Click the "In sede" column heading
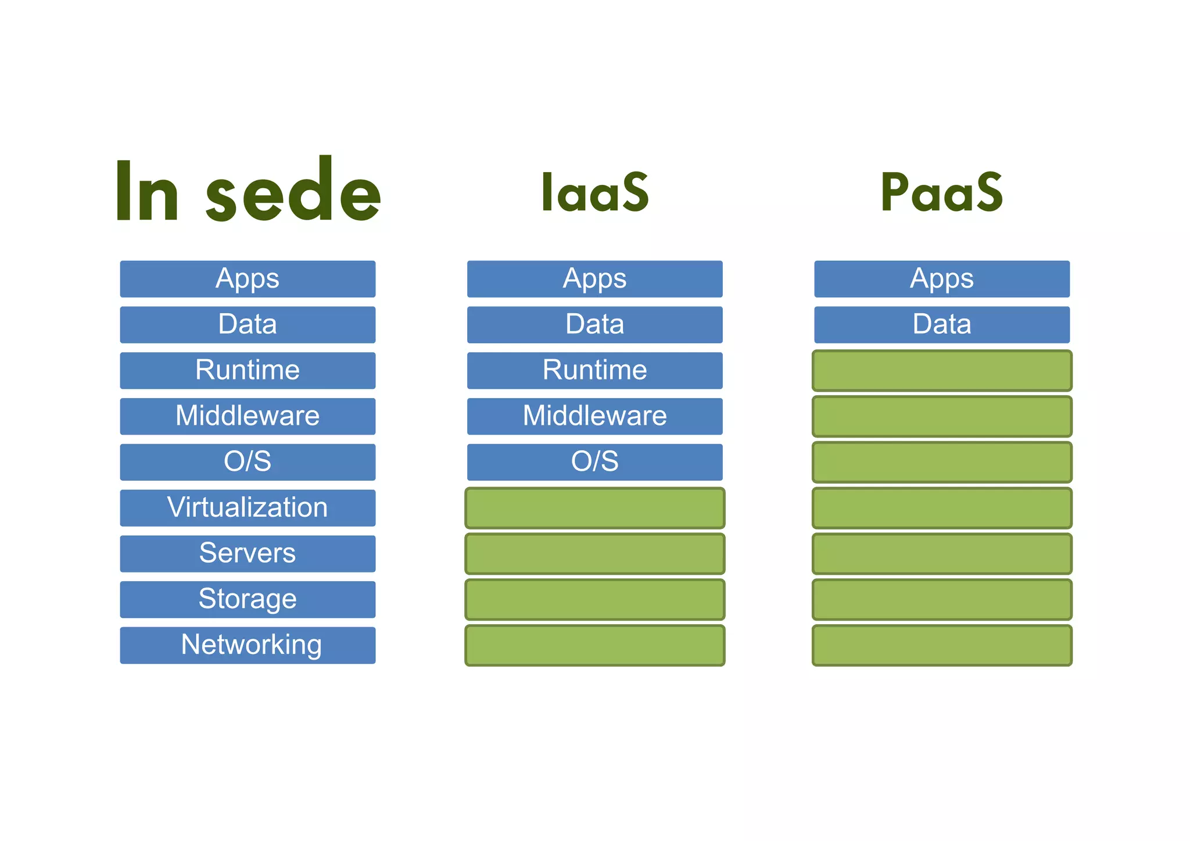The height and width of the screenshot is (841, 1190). (248, 191)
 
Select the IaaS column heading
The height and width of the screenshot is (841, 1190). (594, 192)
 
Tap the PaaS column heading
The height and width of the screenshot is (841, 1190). (941, 192)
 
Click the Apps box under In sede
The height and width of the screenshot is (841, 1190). (248, 279)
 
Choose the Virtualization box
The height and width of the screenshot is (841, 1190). (248, 508)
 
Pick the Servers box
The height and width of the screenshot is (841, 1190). (248, 553)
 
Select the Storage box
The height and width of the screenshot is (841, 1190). (248, 599)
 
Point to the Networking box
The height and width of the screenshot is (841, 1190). (248, 645)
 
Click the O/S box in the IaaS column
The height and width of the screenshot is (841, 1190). (594, 462)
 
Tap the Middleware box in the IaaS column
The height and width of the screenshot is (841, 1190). (594, 416)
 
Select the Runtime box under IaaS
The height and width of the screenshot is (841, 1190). (594, 370)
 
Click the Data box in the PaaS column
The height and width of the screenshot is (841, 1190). (941, 324)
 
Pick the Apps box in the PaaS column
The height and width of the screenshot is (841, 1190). (941, 279)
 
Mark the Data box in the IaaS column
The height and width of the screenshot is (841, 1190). (594, 324)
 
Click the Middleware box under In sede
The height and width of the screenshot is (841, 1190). (248, 416)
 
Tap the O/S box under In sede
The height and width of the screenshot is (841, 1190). (248, 462)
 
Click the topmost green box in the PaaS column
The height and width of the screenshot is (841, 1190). (941, 370)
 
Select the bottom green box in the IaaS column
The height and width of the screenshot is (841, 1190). (594, 645)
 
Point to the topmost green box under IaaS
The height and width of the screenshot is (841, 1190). (594, 508)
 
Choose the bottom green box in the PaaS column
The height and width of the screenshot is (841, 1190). (941, 645)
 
